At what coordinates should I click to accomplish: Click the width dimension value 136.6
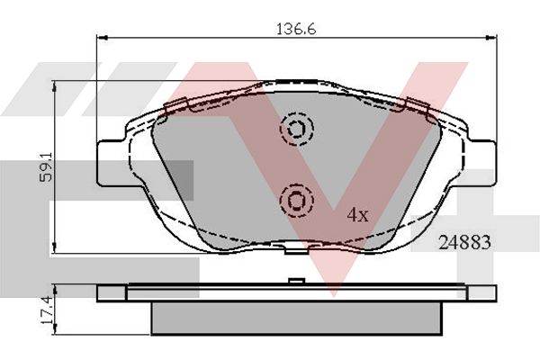tap(296, 29)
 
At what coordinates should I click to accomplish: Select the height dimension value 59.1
tap(46, 167)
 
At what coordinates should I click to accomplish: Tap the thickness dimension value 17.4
tap(47, 310)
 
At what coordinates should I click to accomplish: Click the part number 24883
tap(464, 242)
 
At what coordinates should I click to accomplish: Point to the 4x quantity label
tap(358, 215)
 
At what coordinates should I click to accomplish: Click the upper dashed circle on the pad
tap(296, 129)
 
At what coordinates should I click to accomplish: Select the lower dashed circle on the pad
tap(296, 200)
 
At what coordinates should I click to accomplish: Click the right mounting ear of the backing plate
tap(482, 163)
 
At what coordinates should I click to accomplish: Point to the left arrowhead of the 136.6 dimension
tap(102, 37)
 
